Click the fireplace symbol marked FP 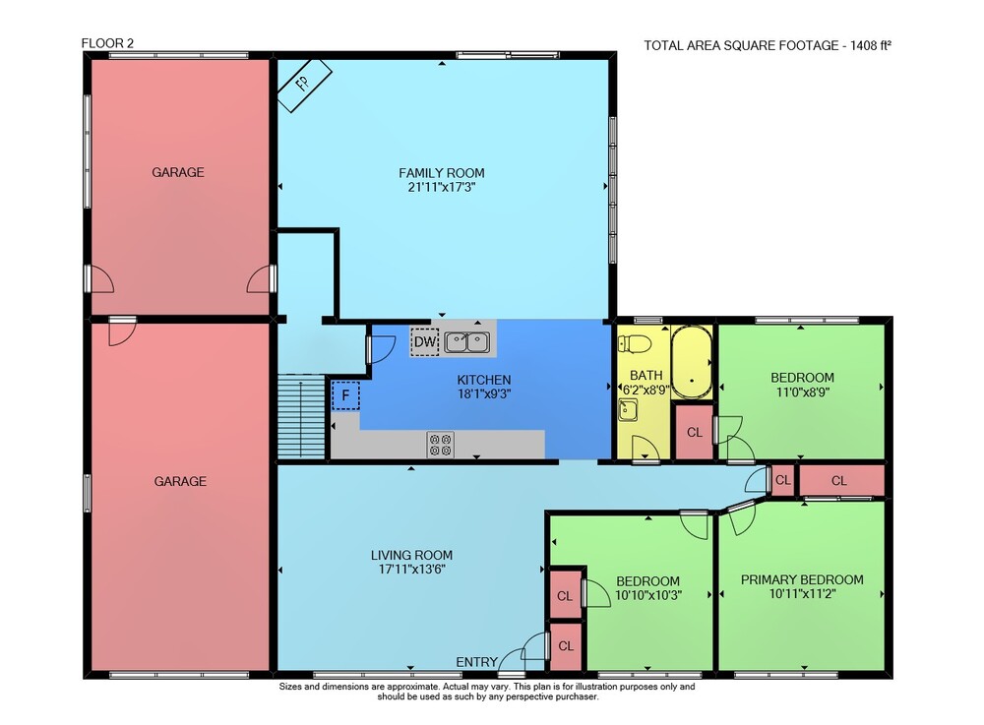[304, 86]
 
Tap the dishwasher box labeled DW [425, 341]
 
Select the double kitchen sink [466, 342]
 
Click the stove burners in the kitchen [441, 445]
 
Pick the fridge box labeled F [345, 395]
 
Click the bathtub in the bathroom [692, 363]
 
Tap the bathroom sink [628, 410]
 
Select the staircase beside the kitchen [302, 417]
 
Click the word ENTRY [476, 662]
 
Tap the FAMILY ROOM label [442, 172]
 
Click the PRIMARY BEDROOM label [802, 579]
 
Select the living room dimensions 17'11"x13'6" [411, 570]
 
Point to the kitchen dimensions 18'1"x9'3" [484, 393]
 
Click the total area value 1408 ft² [871, 45]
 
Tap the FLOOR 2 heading [107, 43]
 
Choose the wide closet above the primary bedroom [841, 480]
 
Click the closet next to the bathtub [694, 432]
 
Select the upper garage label [178, 172]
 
